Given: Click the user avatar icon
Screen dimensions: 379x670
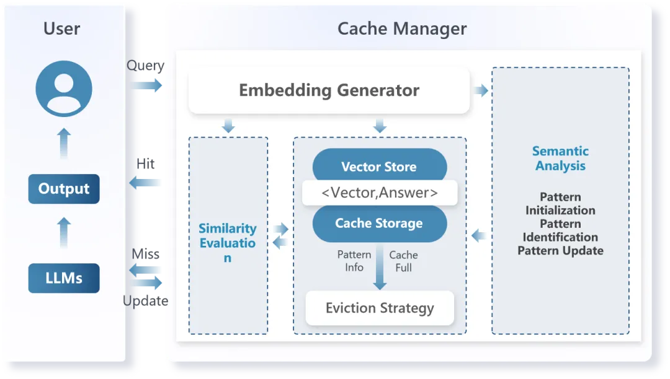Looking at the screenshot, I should tap(64, 89).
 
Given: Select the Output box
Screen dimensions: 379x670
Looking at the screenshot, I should tap(64, 189).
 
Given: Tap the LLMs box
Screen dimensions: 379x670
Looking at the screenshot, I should tap(64, 278).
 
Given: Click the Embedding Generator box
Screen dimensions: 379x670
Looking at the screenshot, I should tap(329, 90).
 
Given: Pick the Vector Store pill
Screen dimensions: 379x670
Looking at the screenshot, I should tap(379, 166).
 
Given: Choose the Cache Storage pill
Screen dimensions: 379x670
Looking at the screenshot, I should tap(379, 224).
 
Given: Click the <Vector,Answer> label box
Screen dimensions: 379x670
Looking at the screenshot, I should tap(379, 193).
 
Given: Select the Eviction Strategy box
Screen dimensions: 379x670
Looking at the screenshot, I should tap(380, 308).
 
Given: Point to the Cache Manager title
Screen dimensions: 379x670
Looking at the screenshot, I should tap(402, 28).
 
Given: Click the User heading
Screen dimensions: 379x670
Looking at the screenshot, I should tap(61, 28).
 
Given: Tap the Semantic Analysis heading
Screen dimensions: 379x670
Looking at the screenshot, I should tap(560, 159).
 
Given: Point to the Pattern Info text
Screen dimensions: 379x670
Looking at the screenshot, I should tap(354, 261).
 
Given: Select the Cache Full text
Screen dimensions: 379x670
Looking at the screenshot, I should tap(403, 261).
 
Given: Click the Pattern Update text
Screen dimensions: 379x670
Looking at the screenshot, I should tap(560, 251).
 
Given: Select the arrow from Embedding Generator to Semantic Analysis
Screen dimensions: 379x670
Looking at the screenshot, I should tap(481, 91).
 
